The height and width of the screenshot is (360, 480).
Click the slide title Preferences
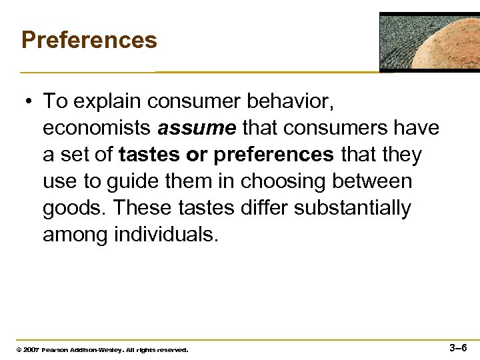pyautogui.click(x=89, y=40)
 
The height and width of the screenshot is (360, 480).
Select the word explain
pyautogui.click(x=106, y=101)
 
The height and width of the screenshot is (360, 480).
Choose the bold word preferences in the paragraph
pyautogui.click(x=273, y=155)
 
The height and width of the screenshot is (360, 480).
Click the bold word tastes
pyautogui.click(x=150, y=155)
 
